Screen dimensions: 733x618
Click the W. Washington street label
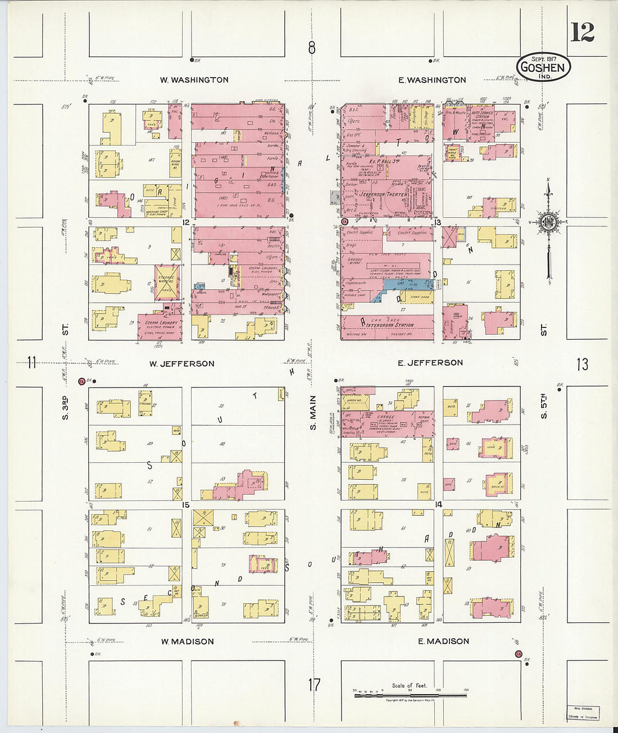click(194, 80)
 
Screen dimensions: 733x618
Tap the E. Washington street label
click(432, 80)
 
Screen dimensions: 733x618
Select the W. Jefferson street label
click(181, 363)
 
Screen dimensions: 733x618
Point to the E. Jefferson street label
click(430, 363)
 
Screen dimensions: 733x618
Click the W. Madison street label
click(187, 641)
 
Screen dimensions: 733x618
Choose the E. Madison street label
click(443, 641)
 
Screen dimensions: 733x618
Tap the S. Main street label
click(313, 413)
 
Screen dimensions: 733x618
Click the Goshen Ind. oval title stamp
click(543, 67)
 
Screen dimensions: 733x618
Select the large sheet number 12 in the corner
click(583, 33)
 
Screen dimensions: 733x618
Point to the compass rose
click(548, 220)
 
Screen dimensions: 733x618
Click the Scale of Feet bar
click(410, 695)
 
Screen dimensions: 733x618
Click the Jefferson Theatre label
click(383, 194)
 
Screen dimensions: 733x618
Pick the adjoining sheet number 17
click(313, 685)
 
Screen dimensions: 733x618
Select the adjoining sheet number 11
click(31, 363)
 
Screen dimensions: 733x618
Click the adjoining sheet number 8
click(312, 48)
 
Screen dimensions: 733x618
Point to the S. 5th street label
click(543, 407)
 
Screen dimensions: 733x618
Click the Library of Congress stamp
click(582, 713)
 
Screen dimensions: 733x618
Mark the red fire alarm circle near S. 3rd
click(82, 382)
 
